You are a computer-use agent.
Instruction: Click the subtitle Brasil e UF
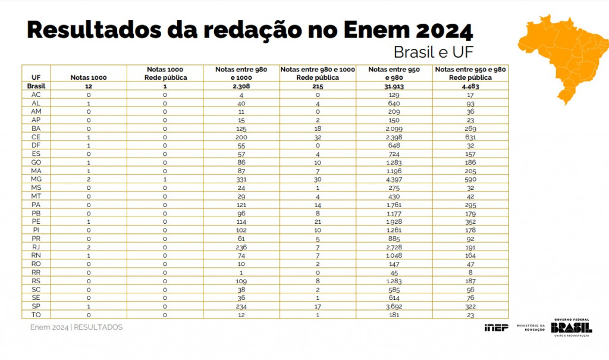pos(433,52)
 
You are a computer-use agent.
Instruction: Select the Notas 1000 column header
pos(89,77)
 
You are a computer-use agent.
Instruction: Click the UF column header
pos(36,77)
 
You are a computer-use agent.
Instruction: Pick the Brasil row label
pos(36,86)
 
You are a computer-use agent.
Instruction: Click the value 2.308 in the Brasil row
pos(241,86)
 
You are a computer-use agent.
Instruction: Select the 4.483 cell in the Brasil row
pos(469,86)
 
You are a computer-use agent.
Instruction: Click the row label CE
pos(36,137)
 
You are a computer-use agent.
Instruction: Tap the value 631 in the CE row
pos(469,137)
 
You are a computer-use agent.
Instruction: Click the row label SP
pos(36,306)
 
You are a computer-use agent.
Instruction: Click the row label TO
pos(36,314)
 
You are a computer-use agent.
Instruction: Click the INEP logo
pos(496,328)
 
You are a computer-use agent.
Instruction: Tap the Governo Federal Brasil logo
pos(571,328)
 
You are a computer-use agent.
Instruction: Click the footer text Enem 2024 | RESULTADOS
pos(76,327)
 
